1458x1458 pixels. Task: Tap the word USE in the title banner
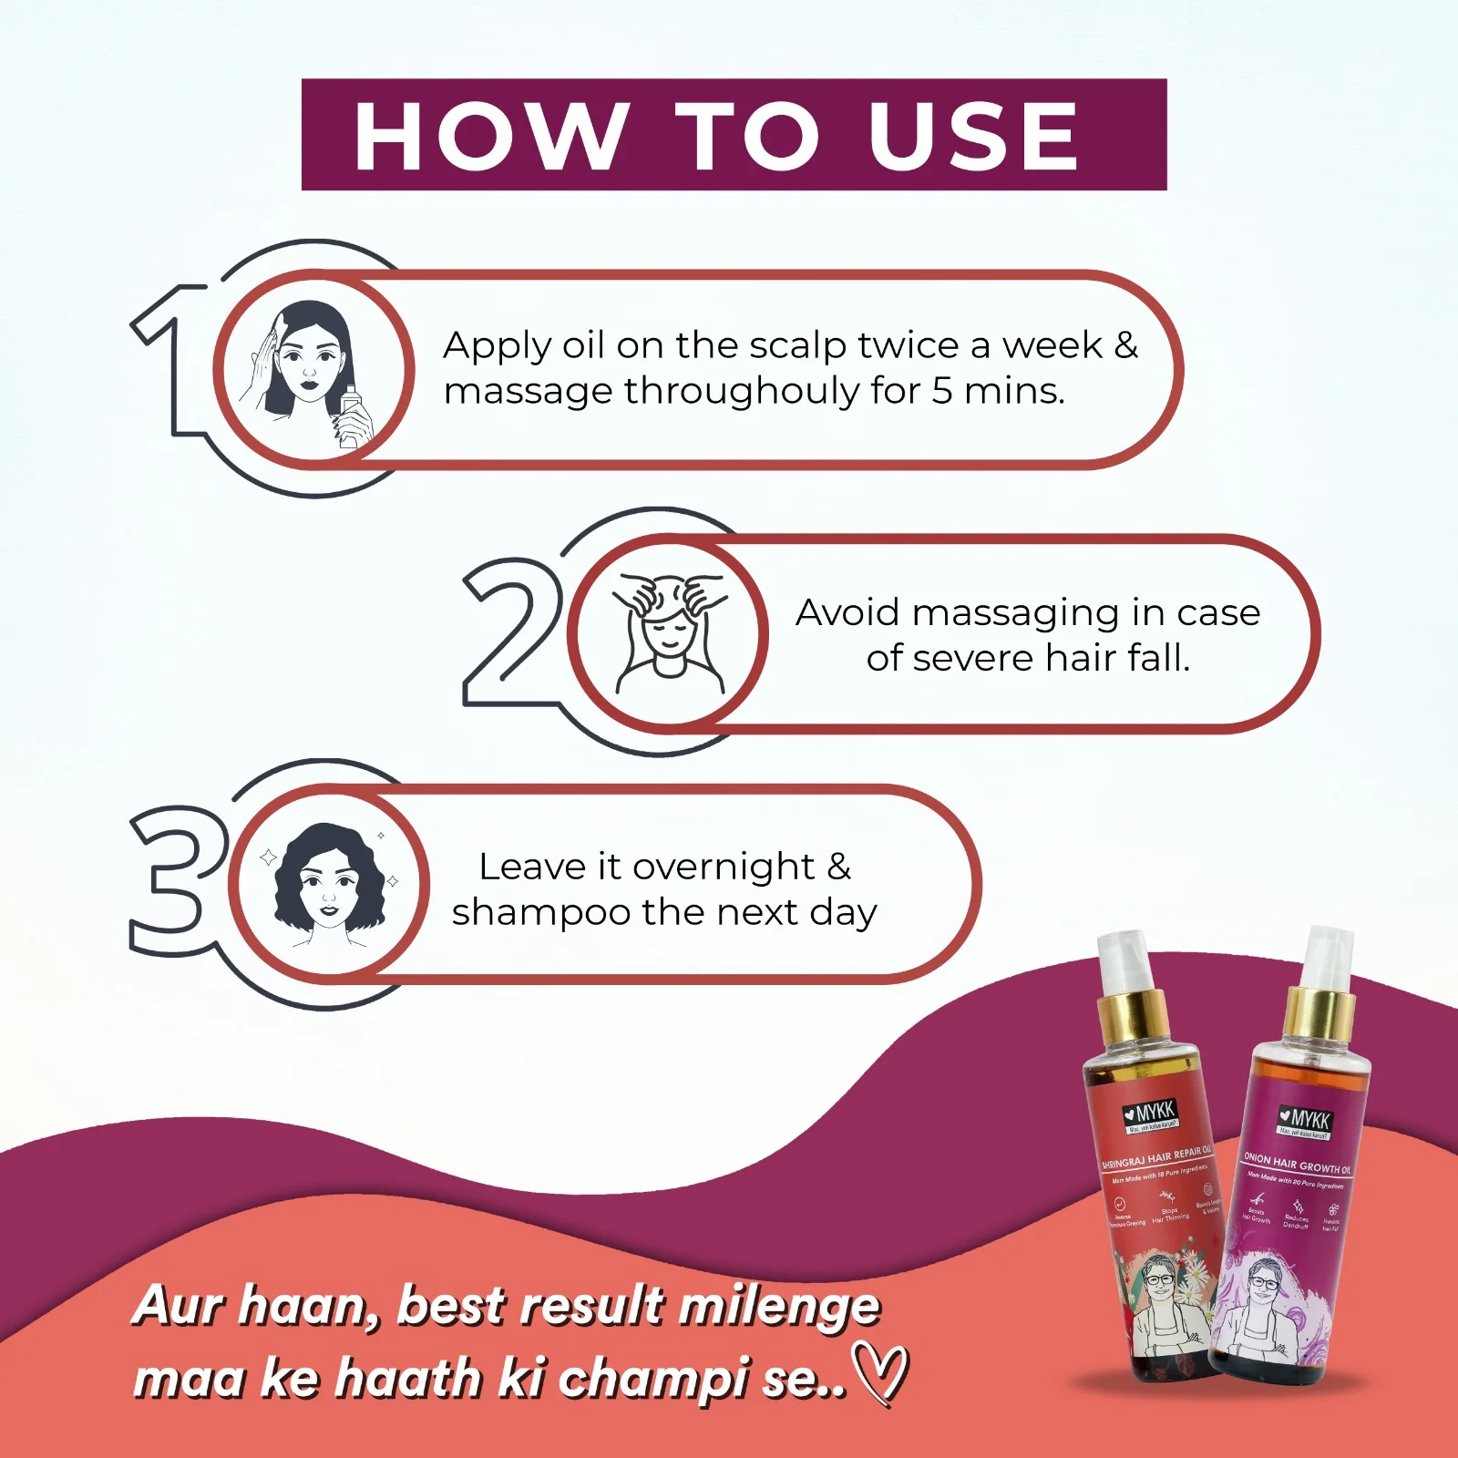click(973, 136)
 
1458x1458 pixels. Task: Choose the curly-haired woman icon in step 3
click(329, 882)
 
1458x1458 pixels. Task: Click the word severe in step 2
click(973, 658)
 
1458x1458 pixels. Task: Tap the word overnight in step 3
click(724, 867)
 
